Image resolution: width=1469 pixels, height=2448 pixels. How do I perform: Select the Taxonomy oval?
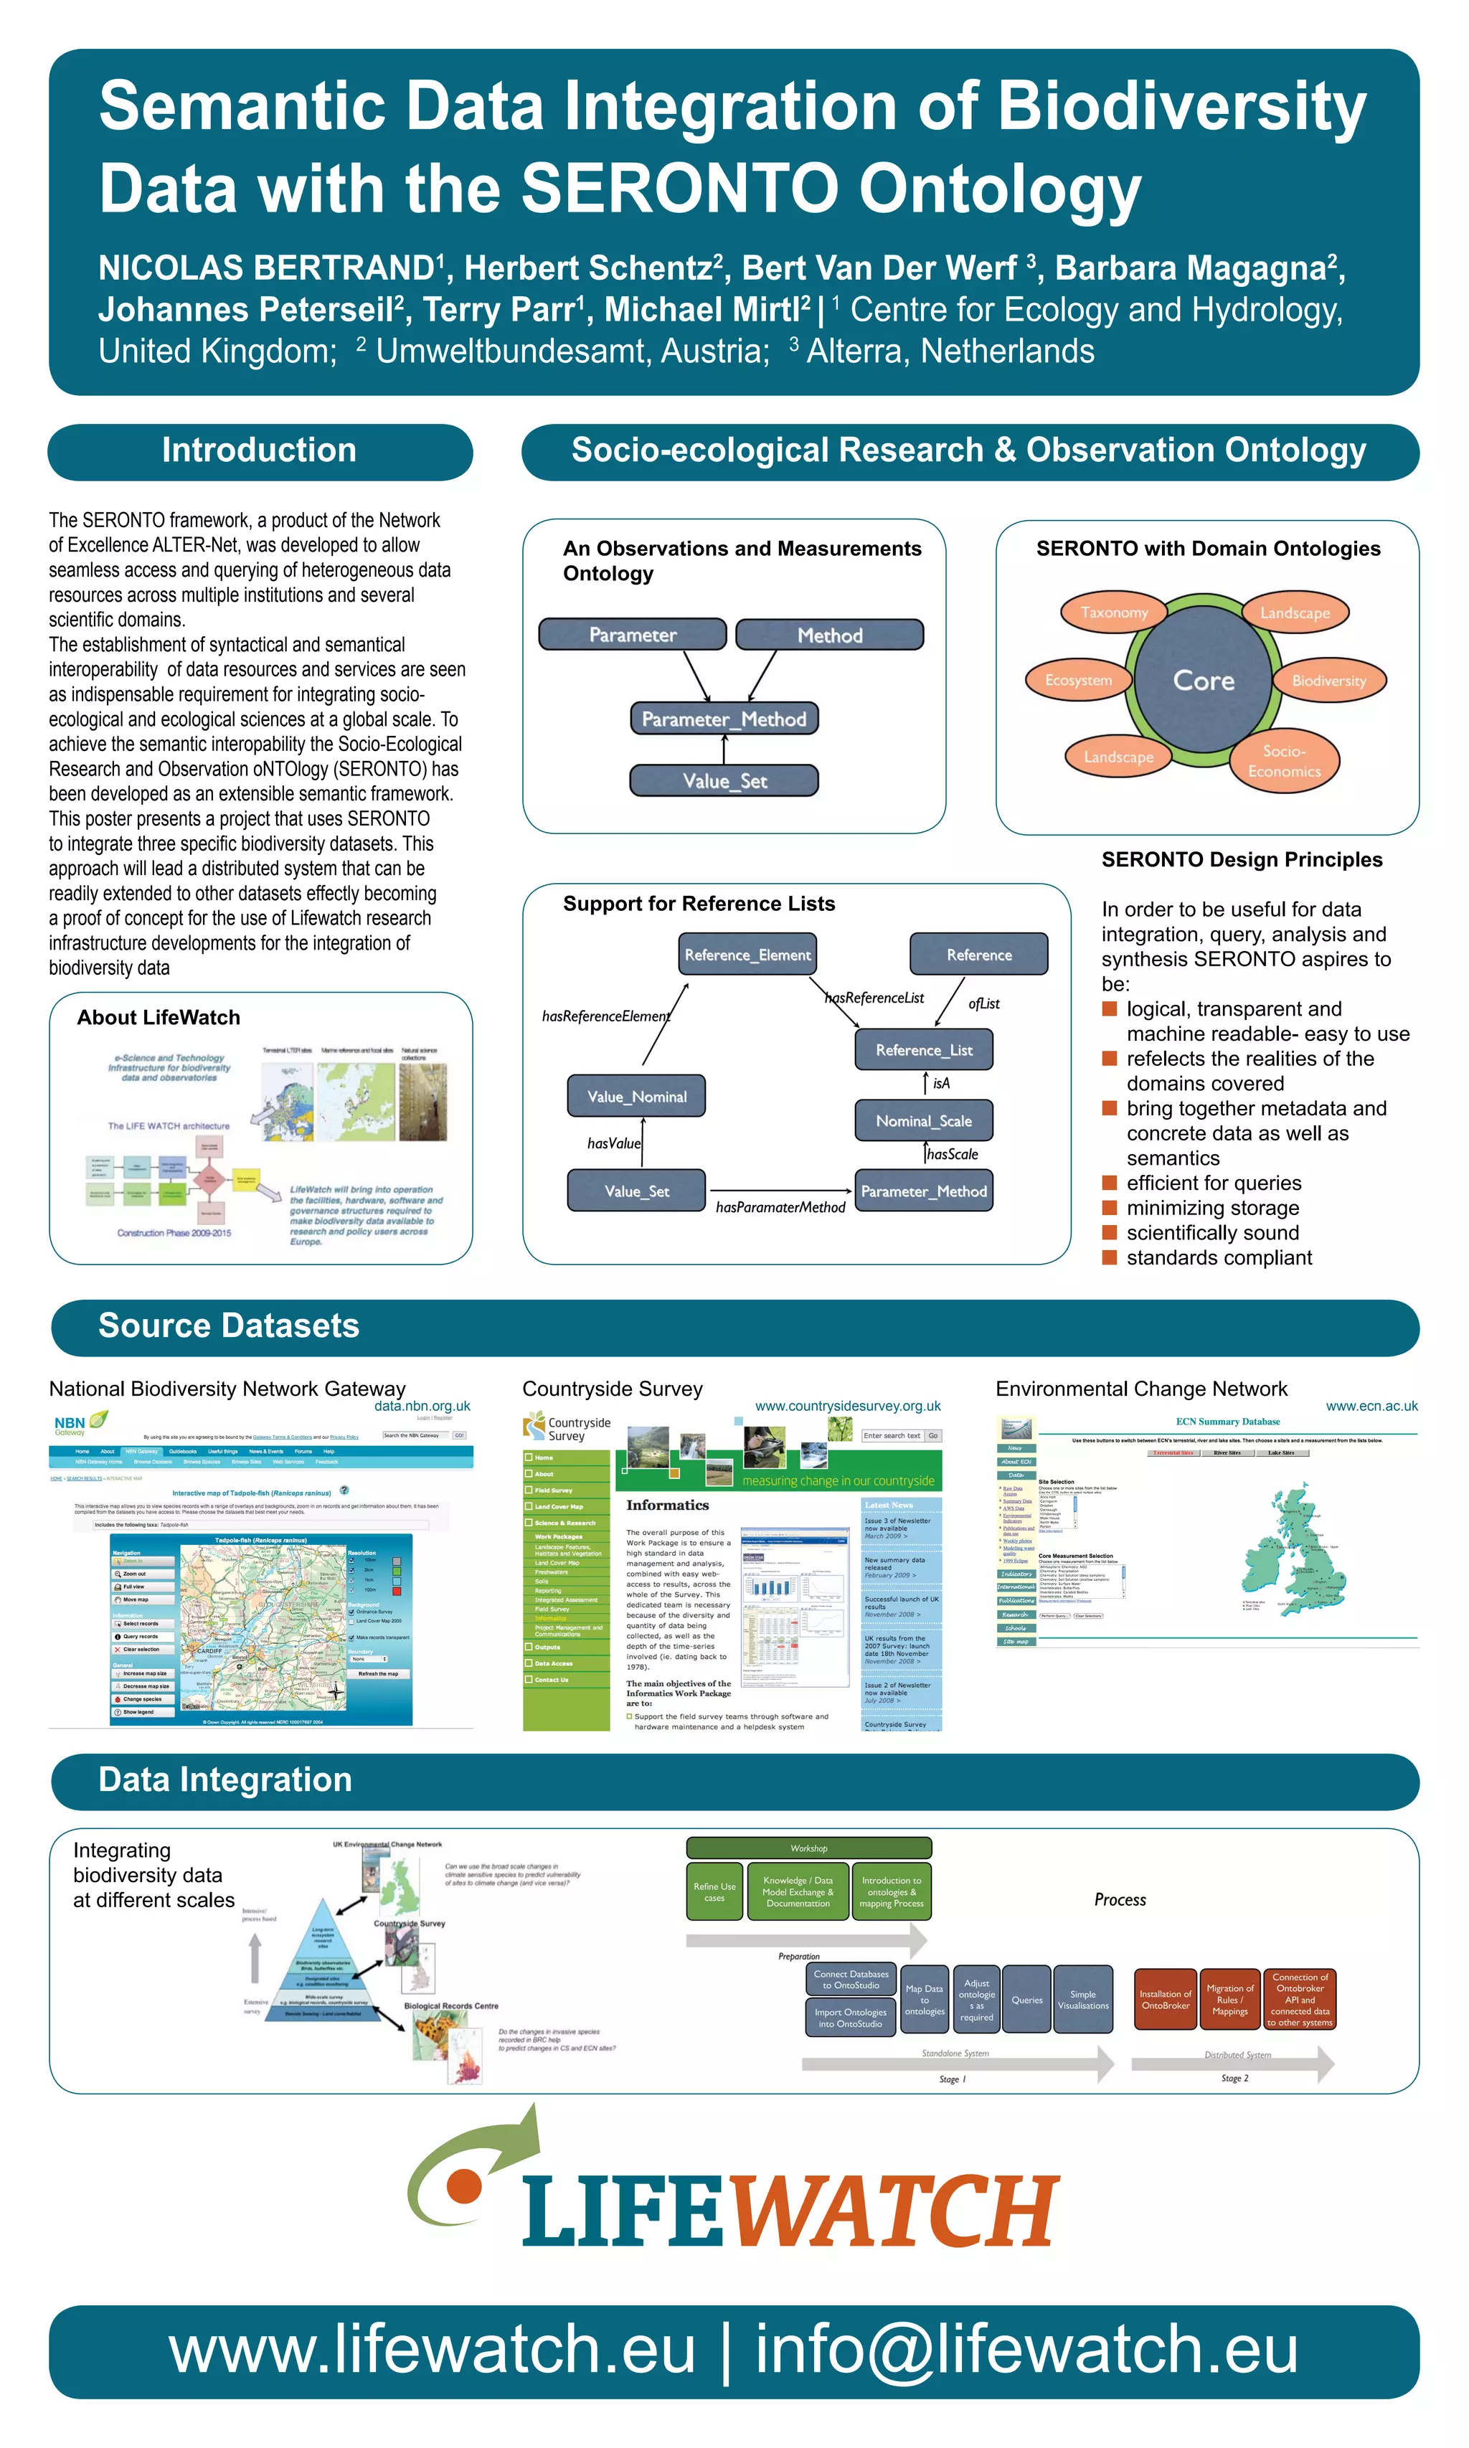tap(1114, 613)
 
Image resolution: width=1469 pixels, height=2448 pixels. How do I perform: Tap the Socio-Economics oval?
tap(1284, 761)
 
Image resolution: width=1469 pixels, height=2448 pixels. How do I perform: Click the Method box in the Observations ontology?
tap(829, 635)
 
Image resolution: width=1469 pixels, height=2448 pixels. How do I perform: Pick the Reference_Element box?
tap(747, 954)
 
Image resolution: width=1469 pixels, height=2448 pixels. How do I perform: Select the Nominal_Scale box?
tap(924, 1120)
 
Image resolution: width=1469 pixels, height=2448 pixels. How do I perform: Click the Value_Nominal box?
tap(636, 1096)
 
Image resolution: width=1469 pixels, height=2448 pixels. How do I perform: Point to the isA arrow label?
tap(941, 1083)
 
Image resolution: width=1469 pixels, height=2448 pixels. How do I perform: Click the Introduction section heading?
tap(260, 450)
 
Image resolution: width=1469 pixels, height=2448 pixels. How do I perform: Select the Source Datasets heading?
tap(229, 1325)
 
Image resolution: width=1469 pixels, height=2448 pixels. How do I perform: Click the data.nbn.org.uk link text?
tap(422, 1406)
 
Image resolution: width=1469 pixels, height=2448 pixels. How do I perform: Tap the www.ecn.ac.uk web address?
tap(1371, 1406)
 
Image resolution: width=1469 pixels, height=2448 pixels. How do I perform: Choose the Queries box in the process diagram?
tap(1026, 2000)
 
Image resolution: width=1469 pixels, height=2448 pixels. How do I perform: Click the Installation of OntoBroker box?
tap(1165, 2000)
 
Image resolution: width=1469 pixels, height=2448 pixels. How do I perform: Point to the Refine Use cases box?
tap(714, 1891)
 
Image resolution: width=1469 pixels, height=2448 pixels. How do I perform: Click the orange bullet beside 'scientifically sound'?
tap(1110, 1232)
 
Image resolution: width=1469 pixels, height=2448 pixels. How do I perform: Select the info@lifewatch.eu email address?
tap(1026, 2350)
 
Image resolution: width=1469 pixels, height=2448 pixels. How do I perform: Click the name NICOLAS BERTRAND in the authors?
tap(265, 268)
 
